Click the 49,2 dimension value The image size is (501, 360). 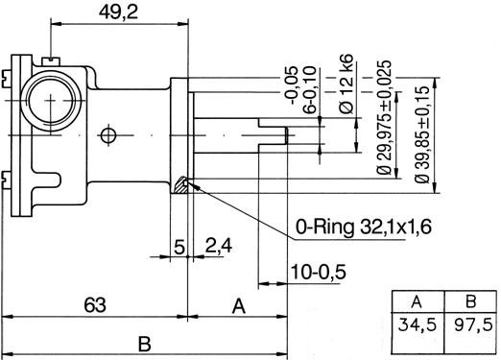click(118, 12)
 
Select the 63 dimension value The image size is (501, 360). click(95, 305)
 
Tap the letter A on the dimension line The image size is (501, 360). click(239, 306)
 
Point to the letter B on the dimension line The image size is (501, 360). click(145, 345)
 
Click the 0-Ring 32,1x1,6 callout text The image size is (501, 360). click(364, 227)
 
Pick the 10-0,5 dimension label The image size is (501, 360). click(318, 272)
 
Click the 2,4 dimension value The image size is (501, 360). click(219, 246)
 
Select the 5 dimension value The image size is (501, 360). click(179, 247)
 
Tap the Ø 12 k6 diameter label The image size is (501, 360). click(346, 84)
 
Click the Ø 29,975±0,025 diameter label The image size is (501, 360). click(384, 117)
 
